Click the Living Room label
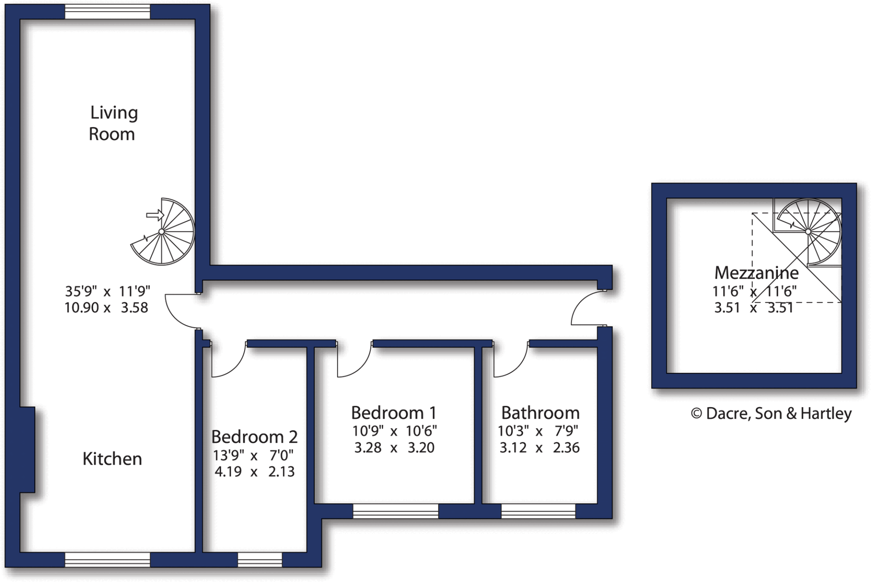click(113, 123)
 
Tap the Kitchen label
click(112, 459)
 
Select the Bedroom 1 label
click(394, 413)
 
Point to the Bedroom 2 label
click(254, 437)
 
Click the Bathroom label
click(540, 413)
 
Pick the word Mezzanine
click(756, 272)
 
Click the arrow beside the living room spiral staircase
click(155, 215)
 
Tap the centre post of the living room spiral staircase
click(162, 232)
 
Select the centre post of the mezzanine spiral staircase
click(808, 231)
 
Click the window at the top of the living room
click(108, 12)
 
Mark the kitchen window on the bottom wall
click(108, 560)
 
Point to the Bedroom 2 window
click(260, 560)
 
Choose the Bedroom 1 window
click(396, 511)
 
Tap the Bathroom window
click(538, 511)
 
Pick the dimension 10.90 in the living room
click(82, 307)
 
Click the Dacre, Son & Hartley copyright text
click(771, 413)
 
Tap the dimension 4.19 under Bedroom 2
click(228, 472)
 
